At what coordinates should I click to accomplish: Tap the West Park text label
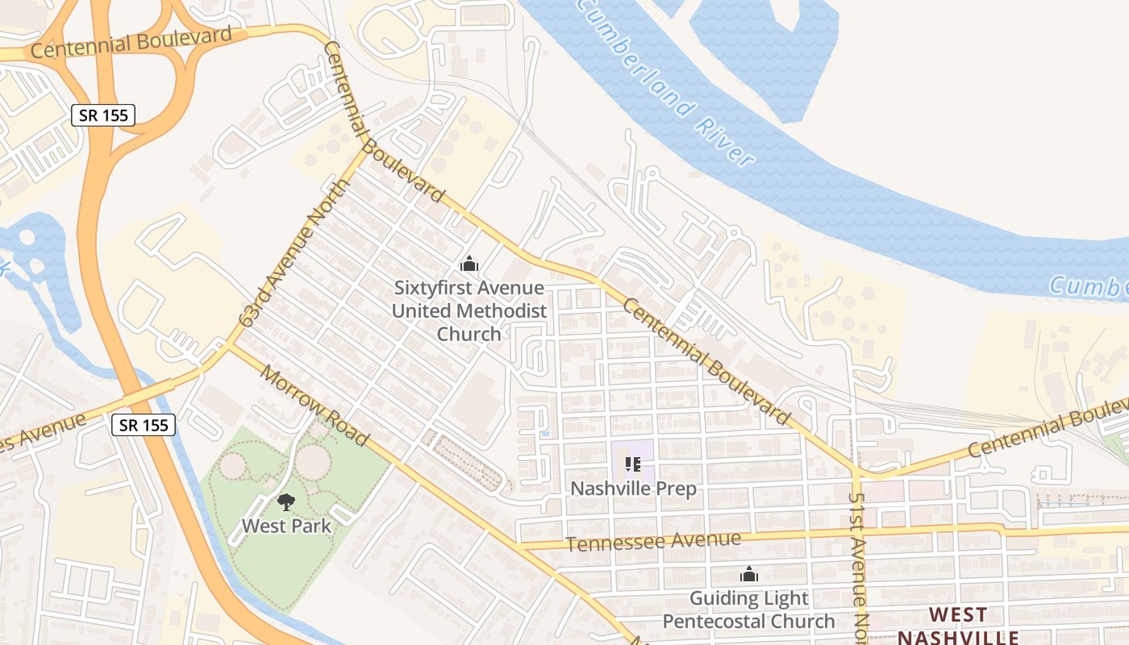click(x=286, y=526)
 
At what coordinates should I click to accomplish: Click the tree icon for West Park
click(x=286, y=503)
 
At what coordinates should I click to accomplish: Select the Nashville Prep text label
click(x=633, y=489)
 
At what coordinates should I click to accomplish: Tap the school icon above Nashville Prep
click(x=633, y=464)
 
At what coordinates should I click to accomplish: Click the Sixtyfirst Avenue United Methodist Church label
click(x=469, y=310)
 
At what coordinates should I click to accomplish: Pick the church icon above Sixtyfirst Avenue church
click(x=469, y=264)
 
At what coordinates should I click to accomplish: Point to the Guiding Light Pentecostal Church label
click(x=748, y=610)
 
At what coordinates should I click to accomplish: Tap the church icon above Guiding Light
click(x=749, y=574)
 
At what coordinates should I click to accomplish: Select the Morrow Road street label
click(x=315, y=407)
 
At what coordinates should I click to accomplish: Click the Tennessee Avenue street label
click(x=652, y=542)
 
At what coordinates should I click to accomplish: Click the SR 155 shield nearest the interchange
click(x=103, y=115)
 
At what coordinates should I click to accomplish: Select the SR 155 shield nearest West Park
click(x=143, y=425)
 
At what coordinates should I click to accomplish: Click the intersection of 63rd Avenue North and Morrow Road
click(x=228, y=347)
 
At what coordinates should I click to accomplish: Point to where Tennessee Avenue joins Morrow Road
click(x=520, y=547)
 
